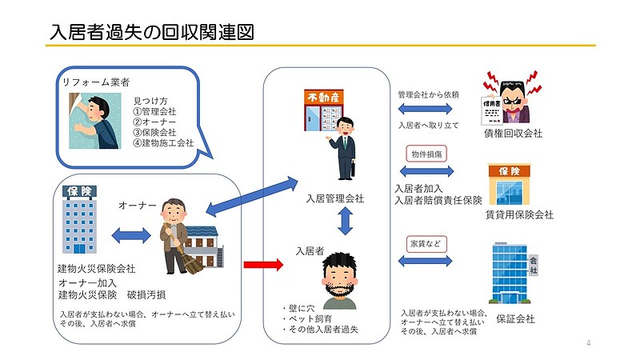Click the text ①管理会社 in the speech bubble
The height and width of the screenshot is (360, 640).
(154, 111)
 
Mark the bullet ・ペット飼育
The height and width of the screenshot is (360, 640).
(306, 318)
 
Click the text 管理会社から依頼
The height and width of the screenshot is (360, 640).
(428, 94)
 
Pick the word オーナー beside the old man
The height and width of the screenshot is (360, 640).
(138, 206)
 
